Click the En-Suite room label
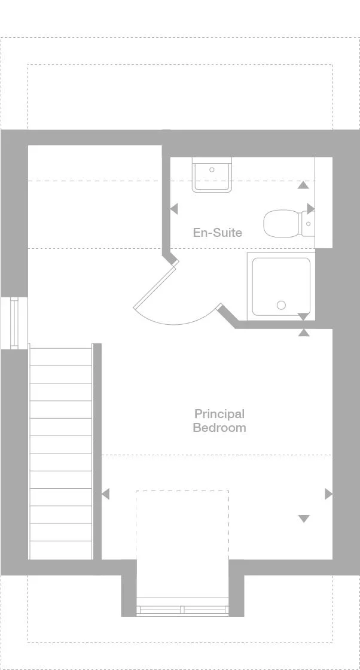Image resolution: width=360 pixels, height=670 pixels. [x=217, y=232]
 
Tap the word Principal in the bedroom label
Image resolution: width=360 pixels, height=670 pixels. [x=219, y=413]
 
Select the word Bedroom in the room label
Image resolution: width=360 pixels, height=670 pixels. [x=219, y=428]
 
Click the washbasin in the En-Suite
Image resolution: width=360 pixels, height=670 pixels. [x=212, y=175]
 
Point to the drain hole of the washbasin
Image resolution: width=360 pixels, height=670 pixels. [x=212, y=170]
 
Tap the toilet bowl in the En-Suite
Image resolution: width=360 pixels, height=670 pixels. [x=281, y=223]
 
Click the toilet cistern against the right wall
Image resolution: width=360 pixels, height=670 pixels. [x=307, y=224]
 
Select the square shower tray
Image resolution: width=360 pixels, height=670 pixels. [x=281, y=286]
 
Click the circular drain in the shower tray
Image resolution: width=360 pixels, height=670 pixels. [x=281, y=305]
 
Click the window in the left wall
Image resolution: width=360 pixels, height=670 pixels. [x=13, y=322]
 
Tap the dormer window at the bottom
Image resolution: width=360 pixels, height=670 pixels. [x=182, y=610]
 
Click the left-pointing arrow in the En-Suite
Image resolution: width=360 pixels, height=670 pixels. [x=174, y=209]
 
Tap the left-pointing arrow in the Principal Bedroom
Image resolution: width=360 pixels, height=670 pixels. [x=106, y=494]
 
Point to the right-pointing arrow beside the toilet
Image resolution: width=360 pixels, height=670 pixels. [x=310, y=208]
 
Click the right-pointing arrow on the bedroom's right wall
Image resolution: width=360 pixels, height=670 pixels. [x=328, y=494]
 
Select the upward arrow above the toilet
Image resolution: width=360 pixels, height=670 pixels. [x=303, y=185]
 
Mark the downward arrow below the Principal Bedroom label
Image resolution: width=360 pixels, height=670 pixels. [x=304, y=519]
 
